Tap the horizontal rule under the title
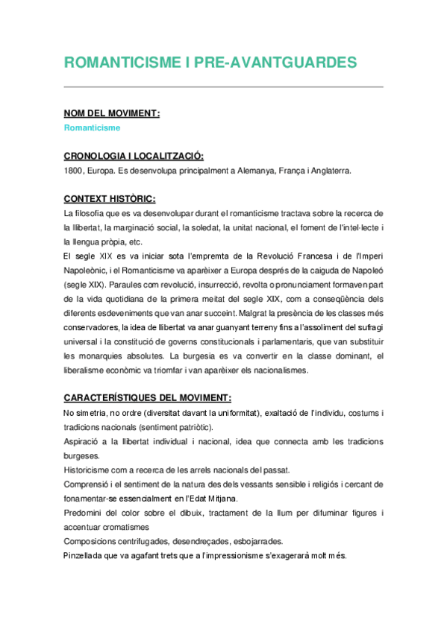223,87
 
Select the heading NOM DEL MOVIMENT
111,113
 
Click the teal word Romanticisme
92,127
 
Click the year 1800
75,171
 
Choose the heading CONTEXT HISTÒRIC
109,199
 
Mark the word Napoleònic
86,271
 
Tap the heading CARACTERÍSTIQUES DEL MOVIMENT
147,398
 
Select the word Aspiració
84,441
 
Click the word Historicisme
89,470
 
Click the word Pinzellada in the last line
86,555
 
